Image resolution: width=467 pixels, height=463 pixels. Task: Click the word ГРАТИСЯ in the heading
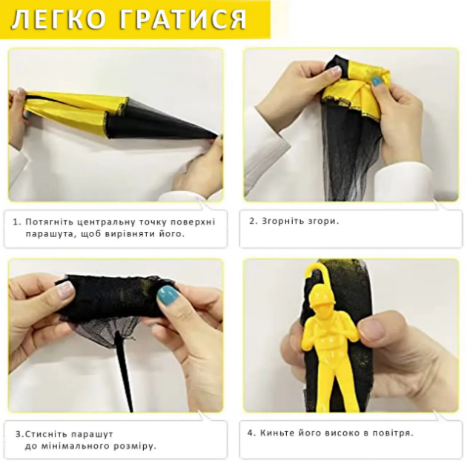pyautogui.click(x=183, y=19)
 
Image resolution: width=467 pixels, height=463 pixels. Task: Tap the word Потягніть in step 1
pyautogui.click(x=50, y=222)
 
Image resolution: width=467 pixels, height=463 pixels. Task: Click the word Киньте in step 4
pyautogui.click(x=277, y=433)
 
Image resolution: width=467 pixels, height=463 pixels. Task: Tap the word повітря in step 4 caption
pyautogui.click(x=392, y=433)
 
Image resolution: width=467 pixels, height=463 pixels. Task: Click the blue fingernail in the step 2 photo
pyautogui.click(x=377, y=81)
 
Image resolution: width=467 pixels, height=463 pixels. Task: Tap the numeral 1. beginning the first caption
pyautogui.click(x=18, y=222)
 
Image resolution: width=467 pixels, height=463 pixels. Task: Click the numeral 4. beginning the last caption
pyautogui.click(x=252, y=433)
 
